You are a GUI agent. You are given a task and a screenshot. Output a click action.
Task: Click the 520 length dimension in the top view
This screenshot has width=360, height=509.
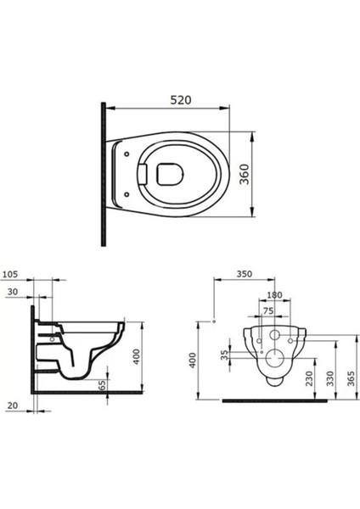[x=178, y=99]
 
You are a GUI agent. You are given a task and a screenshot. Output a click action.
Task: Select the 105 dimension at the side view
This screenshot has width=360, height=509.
[x=11, y=274]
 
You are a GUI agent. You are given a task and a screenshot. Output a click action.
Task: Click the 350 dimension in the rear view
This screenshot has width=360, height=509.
[x=245, y=276]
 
